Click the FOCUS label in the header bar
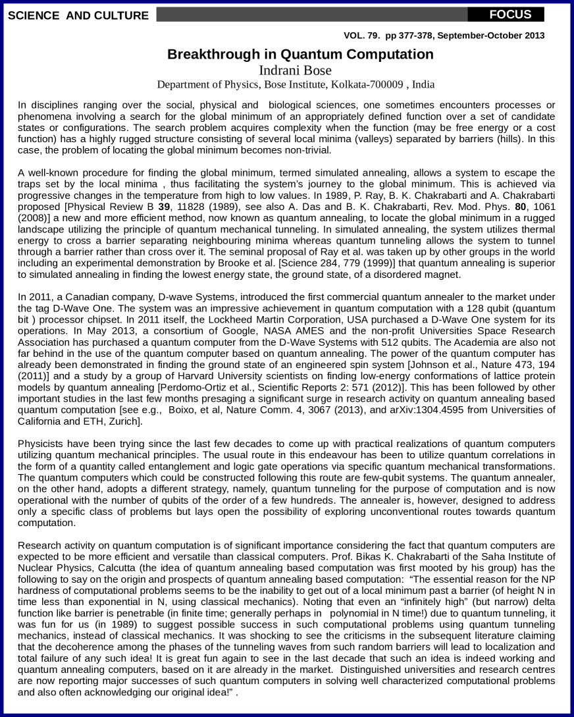pyautogui.click(x=510, y=14)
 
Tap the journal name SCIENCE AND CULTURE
pyautogui.click(x=78, y=15)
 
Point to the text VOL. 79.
pyautogui.click(x=363, y=36)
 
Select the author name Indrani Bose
pyautogui.click(x=295, y=70)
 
